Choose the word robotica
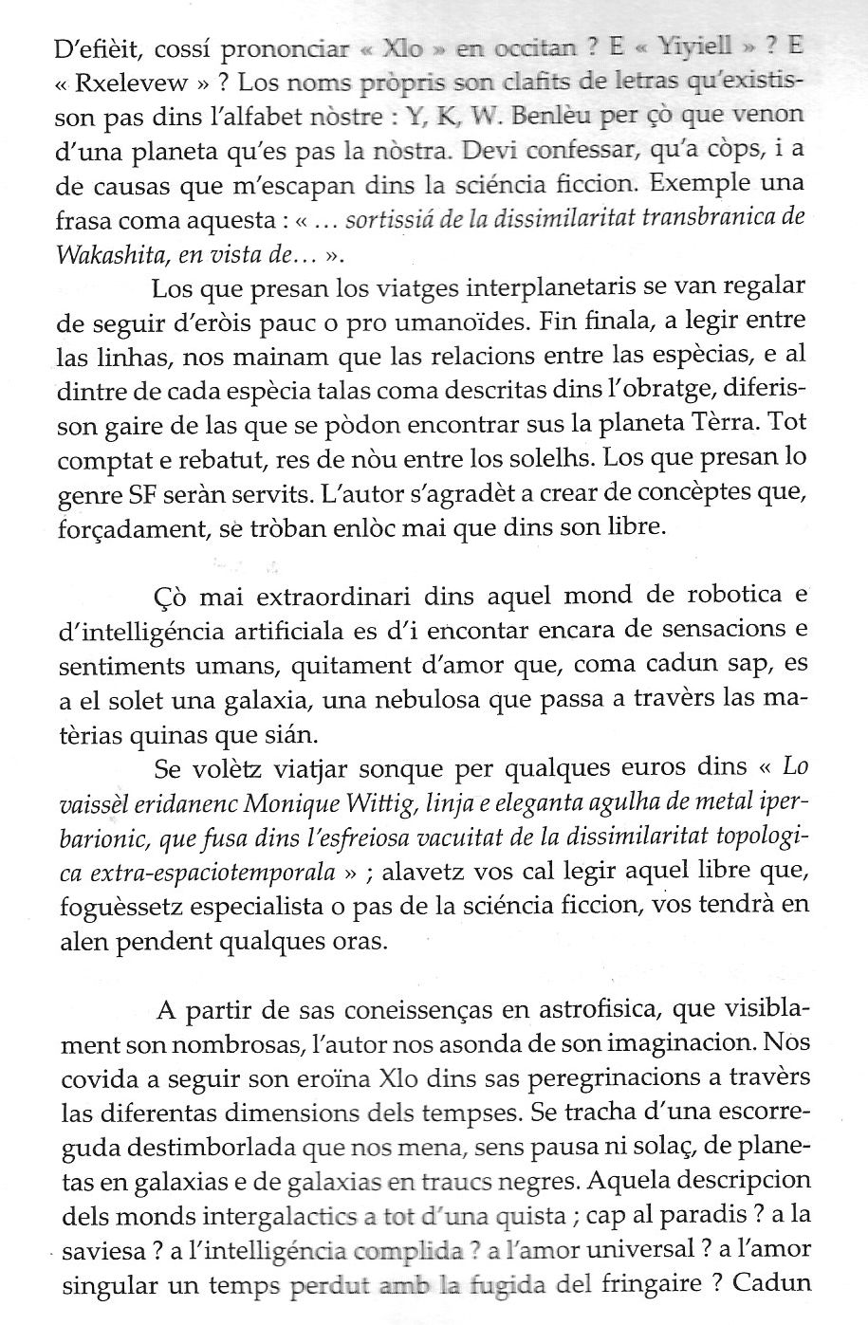click(721, 596)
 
